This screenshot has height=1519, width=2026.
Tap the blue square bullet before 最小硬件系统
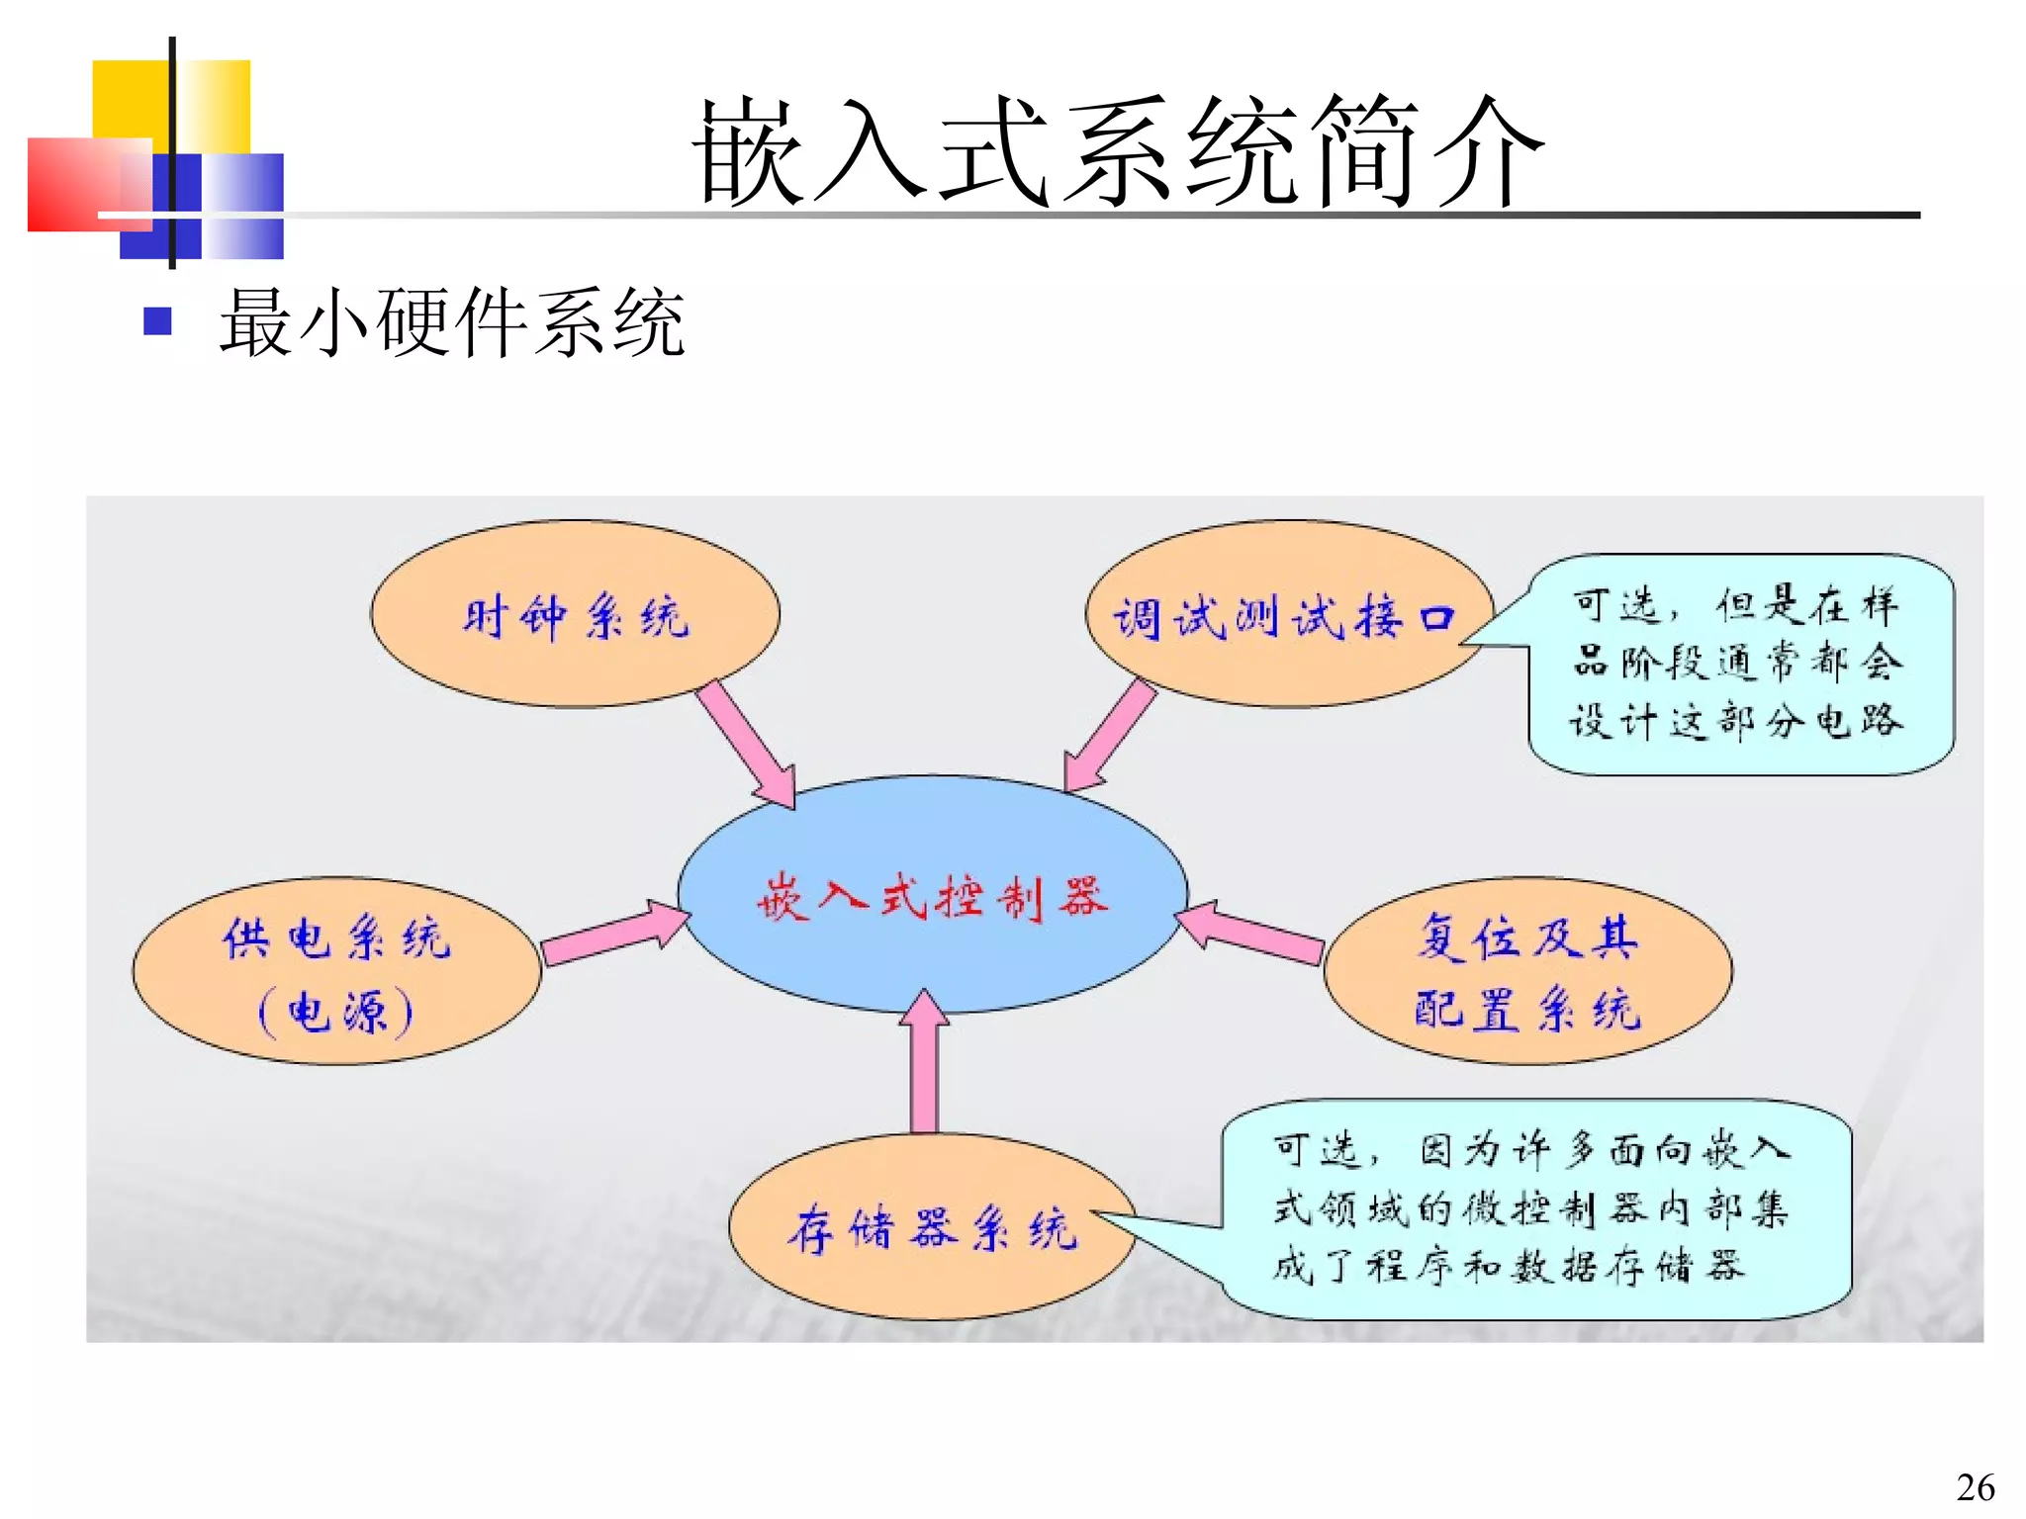click(158, 321)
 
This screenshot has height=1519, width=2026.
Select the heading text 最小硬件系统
click(451, 321)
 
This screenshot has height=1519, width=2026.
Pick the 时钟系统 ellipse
click(575, 614)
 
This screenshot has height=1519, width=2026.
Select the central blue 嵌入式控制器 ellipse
click(932, 895)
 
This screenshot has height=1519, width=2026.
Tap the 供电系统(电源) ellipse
click(336, 971)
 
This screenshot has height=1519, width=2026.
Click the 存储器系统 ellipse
click(932, 1226)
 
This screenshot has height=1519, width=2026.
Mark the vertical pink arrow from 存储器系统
click(925, 1063)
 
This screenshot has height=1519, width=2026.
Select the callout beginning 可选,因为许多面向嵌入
click(1533, 1208)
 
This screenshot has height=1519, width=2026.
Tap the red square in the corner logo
click(74, 183)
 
